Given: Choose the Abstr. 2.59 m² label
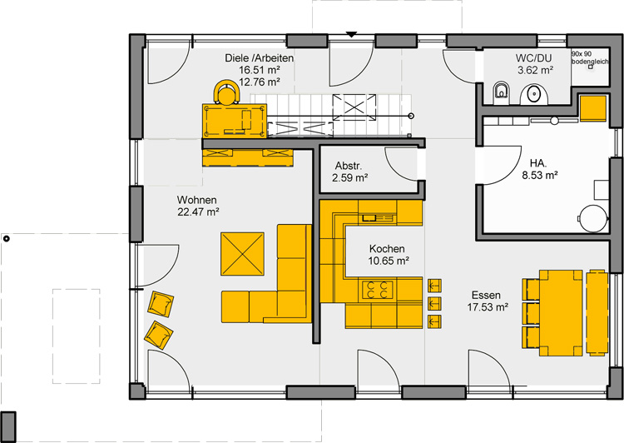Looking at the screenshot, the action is pyautogui.click(x=349, y=172).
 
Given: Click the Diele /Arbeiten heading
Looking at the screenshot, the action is pyautogui.click(x=259, y=57).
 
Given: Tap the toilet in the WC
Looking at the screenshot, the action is pyautogui.click(x=501, y=92).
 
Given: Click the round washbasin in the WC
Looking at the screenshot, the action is pyautogui.click(x=534, y=94).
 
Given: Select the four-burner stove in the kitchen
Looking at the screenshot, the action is pyautogui.click(x=377, y=290).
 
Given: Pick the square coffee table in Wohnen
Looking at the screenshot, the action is pyautogui.click(x=242, y=254).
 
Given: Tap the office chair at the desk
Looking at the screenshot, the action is pyautogui.click(x=227, y=92).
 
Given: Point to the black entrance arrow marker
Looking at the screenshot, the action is pyautogui.click(x=350, y=35).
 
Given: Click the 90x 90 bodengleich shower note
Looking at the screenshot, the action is pyautogui.click(x=590, y=57).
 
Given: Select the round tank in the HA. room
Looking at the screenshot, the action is pyautogui.click(x=593, y=219).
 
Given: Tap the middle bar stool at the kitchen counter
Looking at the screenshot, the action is pyautogui.click(x=434, y=303).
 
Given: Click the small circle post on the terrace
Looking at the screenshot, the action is pyautogui.click(x=6, y=239).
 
